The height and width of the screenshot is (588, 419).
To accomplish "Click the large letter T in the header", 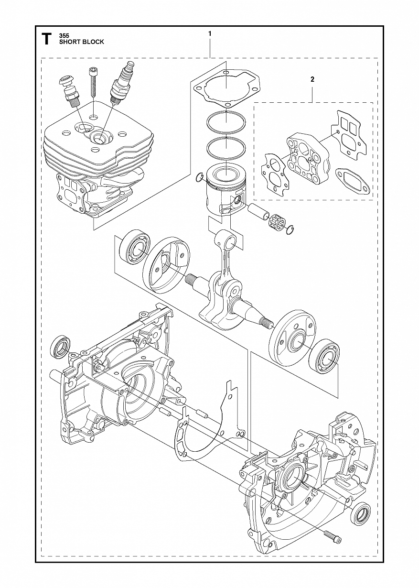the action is pos(46,39).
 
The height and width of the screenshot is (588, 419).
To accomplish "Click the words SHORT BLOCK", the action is pos(82,42).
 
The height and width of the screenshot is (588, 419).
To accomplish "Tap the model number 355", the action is pos(64,35).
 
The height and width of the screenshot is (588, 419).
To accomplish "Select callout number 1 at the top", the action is pos(209,33).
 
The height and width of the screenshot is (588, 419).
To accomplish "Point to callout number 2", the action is pos(312,79).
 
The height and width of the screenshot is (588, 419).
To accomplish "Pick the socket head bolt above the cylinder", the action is pos(93,83).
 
